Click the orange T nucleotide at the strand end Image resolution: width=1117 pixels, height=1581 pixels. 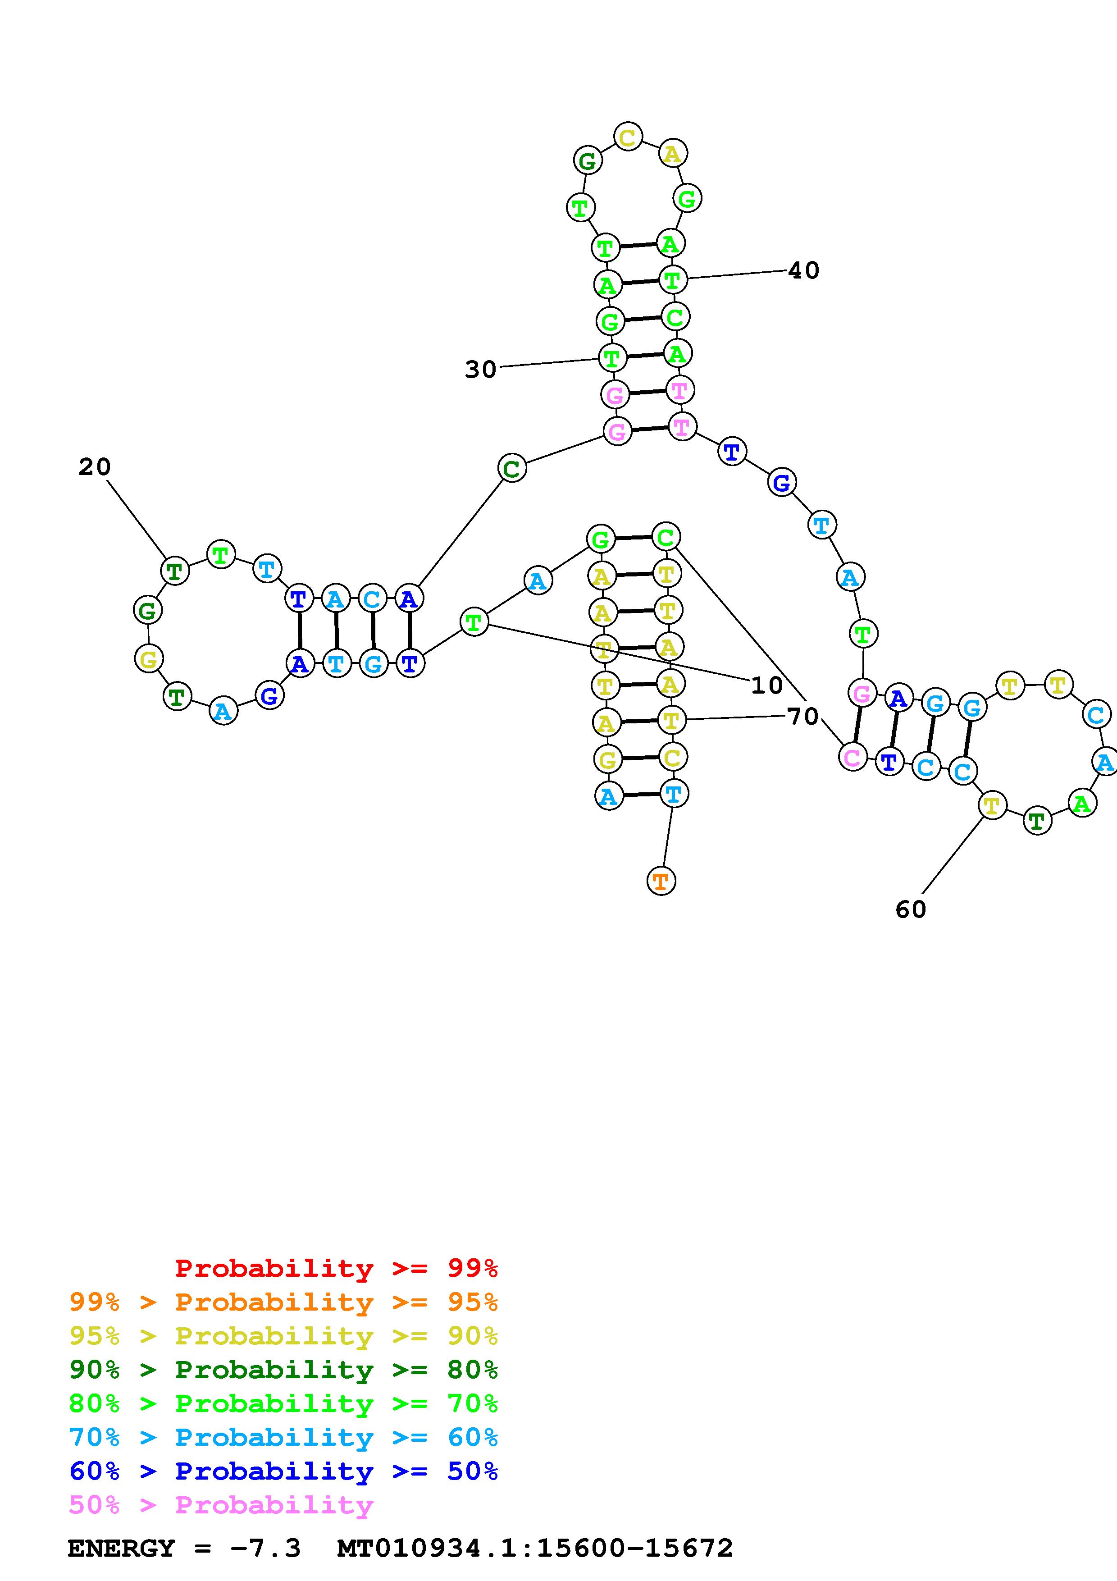click(661, 881)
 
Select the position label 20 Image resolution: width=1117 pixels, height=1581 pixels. click(94, 467)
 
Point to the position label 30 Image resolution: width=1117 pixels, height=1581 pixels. click(480, 370)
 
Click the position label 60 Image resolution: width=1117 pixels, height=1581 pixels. click(911, 909)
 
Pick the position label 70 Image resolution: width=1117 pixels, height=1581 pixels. click(802, 717)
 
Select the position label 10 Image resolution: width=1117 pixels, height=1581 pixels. click(767, 685)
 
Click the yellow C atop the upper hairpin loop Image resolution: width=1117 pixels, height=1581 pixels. click(628, 137)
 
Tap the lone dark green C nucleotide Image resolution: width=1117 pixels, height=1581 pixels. click(511, 469)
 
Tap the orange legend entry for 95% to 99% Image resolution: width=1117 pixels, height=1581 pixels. click(283, 1302)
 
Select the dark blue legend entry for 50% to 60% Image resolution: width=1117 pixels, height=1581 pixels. click(283, 1471)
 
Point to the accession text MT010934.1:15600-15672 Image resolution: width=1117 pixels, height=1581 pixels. click(535, 1548)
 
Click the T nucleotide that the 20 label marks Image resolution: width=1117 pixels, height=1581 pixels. click(175, 570)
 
